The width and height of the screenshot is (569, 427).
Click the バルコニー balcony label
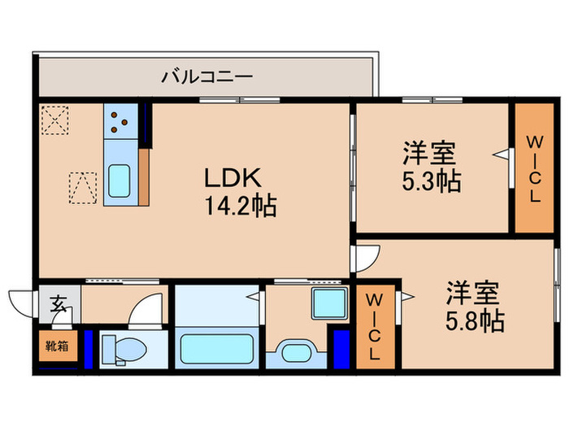pos(206,77)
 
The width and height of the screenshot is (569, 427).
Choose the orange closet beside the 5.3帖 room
pos(534,168)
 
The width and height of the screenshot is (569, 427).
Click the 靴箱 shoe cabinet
pos(56,346)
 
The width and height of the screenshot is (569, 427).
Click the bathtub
pos(214,349)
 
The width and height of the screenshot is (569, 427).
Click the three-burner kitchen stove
pos(120,121)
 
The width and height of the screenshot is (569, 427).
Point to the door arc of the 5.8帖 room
pos(363,258)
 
